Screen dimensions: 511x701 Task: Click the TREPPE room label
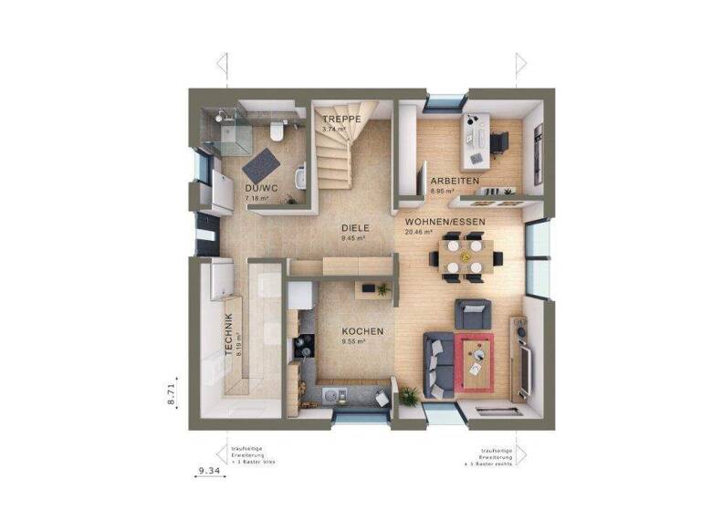[341, 120]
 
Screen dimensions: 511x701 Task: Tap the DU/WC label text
[258, 188]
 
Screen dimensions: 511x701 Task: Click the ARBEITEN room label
[455, 182]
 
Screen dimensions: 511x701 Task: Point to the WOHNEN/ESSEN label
[445, 222]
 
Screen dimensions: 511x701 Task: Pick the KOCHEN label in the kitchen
[362, 331]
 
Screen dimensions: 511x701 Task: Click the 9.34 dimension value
[211, 471]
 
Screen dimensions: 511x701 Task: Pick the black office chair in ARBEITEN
[498, 142]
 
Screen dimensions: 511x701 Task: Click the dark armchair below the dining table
[473, 314]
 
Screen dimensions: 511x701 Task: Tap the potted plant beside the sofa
[409, 395]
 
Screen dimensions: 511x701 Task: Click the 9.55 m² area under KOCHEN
[353, 342]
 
